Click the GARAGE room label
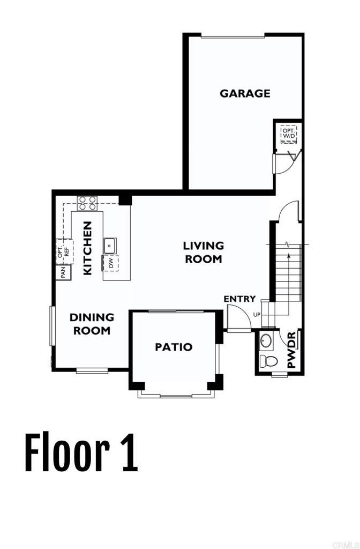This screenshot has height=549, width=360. (x=245, y=93)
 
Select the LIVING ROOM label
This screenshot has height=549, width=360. (x=203, y=252)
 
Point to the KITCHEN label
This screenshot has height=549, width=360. (x=88, y=248)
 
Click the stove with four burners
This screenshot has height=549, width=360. (x=88, y=203)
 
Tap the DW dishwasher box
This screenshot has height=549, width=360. (x=111, y=263)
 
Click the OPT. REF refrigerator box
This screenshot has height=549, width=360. (x=64, y=251)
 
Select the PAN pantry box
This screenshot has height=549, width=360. (x=63, y=272)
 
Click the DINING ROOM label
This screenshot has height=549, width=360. (x=92, y=324)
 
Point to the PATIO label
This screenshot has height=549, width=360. (x=174, y=347)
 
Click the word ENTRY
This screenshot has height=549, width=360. (x=239, y=299)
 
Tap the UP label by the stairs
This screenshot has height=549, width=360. (x=257, y=314)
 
